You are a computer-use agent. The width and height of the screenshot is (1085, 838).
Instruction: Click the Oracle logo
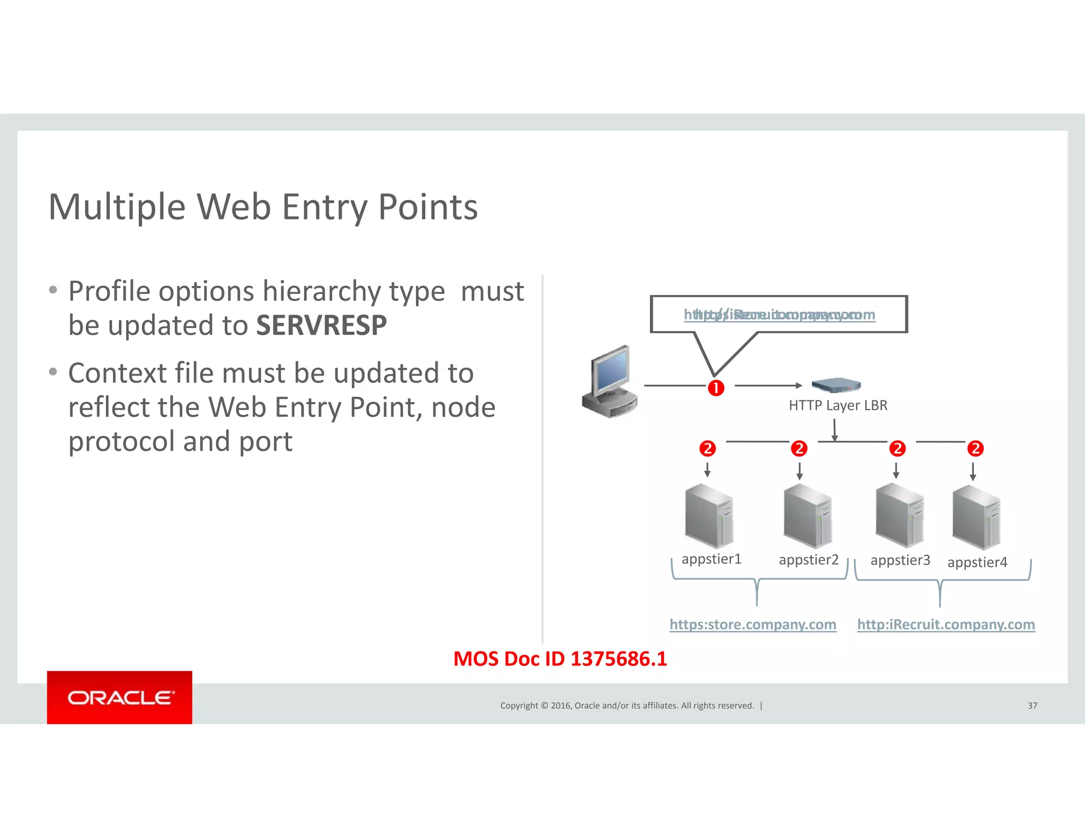120,697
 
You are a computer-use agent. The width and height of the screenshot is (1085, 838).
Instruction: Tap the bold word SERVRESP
321,325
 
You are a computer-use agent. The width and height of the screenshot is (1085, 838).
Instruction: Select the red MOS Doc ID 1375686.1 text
560,658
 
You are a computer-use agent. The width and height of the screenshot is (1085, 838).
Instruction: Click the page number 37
1032,705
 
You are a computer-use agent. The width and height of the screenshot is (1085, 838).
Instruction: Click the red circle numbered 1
716,388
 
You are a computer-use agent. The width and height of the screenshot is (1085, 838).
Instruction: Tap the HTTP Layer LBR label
838,405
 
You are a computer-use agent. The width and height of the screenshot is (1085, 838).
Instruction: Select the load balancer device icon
835,385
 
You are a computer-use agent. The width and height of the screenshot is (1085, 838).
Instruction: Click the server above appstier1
709,516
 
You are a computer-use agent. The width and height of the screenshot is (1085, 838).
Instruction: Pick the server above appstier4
976,518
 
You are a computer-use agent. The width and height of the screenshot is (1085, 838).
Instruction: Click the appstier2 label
808,559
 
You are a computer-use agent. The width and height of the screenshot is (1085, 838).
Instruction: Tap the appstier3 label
900,560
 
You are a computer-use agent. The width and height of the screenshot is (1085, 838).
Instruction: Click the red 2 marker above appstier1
707,449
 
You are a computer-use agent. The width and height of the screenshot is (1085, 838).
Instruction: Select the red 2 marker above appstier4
975,449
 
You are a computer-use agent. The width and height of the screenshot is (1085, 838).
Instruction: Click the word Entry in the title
324,207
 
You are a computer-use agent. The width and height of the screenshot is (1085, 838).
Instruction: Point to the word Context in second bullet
117,373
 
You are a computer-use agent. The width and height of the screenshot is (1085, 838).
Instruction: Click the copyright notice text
627,705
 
